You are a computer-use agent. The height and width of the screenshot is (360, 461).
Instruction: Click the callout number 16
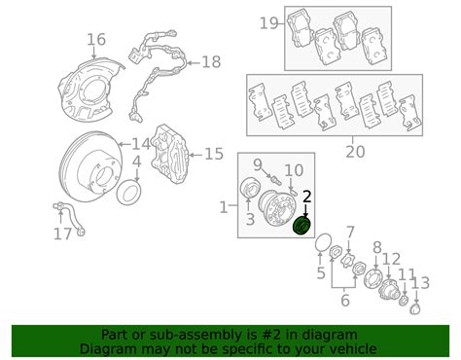[x=95, y=40]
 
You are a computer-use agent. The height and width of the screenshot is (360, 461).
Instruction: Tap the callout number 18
[x=211, y=62]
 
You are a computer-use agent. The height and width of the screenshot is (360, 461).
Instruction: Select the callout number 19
[x=269, y=22]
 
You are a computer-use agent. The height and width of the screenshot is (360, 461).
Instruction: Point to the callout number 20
[x=355, y=151]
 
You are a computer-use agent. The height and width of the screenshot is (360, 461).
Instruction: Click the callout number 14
[x=142, y=144]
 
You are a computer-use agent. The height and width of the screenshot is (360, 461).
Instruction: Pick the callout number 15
[x=213, y=153]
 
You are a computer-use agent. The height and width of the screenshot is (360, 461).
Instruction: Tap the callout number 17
[x=63, y=234]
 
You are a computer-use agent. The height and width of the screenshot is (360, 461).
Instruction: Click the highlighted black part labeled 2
[x=301, y=226]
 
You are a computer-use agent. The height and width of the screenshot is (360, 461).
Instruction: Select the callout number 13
[x=421, y=283]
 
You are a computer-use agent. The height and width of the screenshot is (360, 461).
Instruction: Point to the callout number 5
[x=321, y=274]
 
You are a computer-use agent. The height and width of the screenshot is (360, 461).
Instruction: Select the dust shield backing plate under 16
[x=88, y=83]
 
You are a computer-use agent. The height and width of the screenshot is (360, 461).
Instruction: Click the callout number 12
[x=391, y=259]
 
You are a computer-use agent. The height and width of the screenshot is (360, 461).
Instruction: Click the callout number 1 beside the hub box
[x=224, y=206]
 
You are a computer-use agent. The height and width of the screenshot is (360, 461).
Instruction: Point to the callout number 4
[x=137, y=162]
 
